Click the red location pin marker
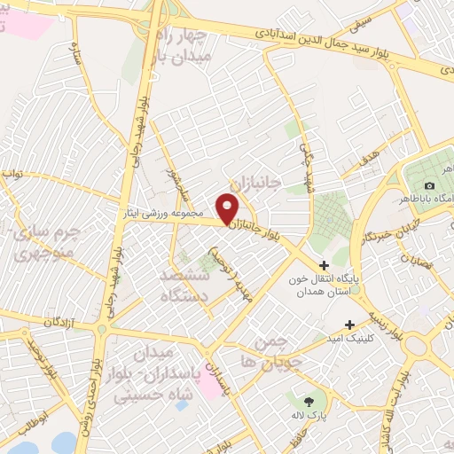pyautogui.click(x=228, y=209)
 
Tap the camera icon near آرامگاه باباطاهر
pyautogui.click(x=429, y=185)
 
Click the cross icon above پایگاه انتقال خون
pyautogui.click(x=324, y=264)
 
